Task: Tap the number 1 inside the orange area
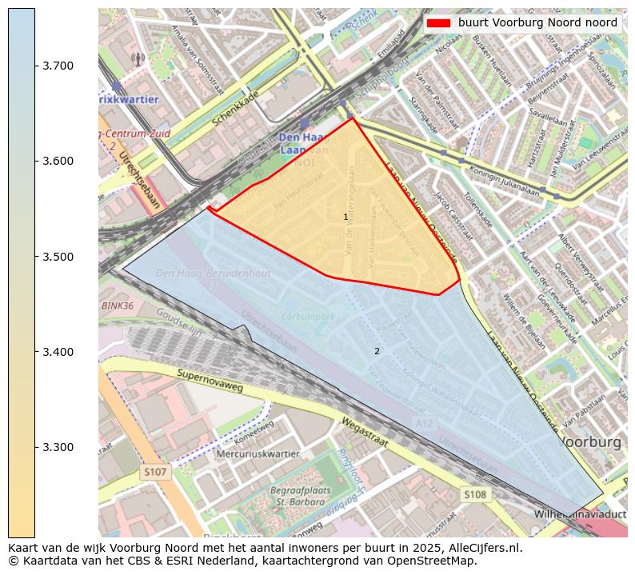coord(345,217)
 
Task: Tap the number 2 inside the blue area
coord(377,351)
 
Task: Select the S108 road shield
coord(474,495)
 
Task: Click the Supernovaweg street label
coord(210,380)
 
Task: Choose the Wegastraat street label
coord(364,433)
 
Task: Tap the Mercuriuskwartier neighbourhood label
coord(258,454)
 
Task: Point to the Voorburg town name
coord(592,442)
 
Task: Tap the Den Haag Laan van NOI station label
coord(304,143)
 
